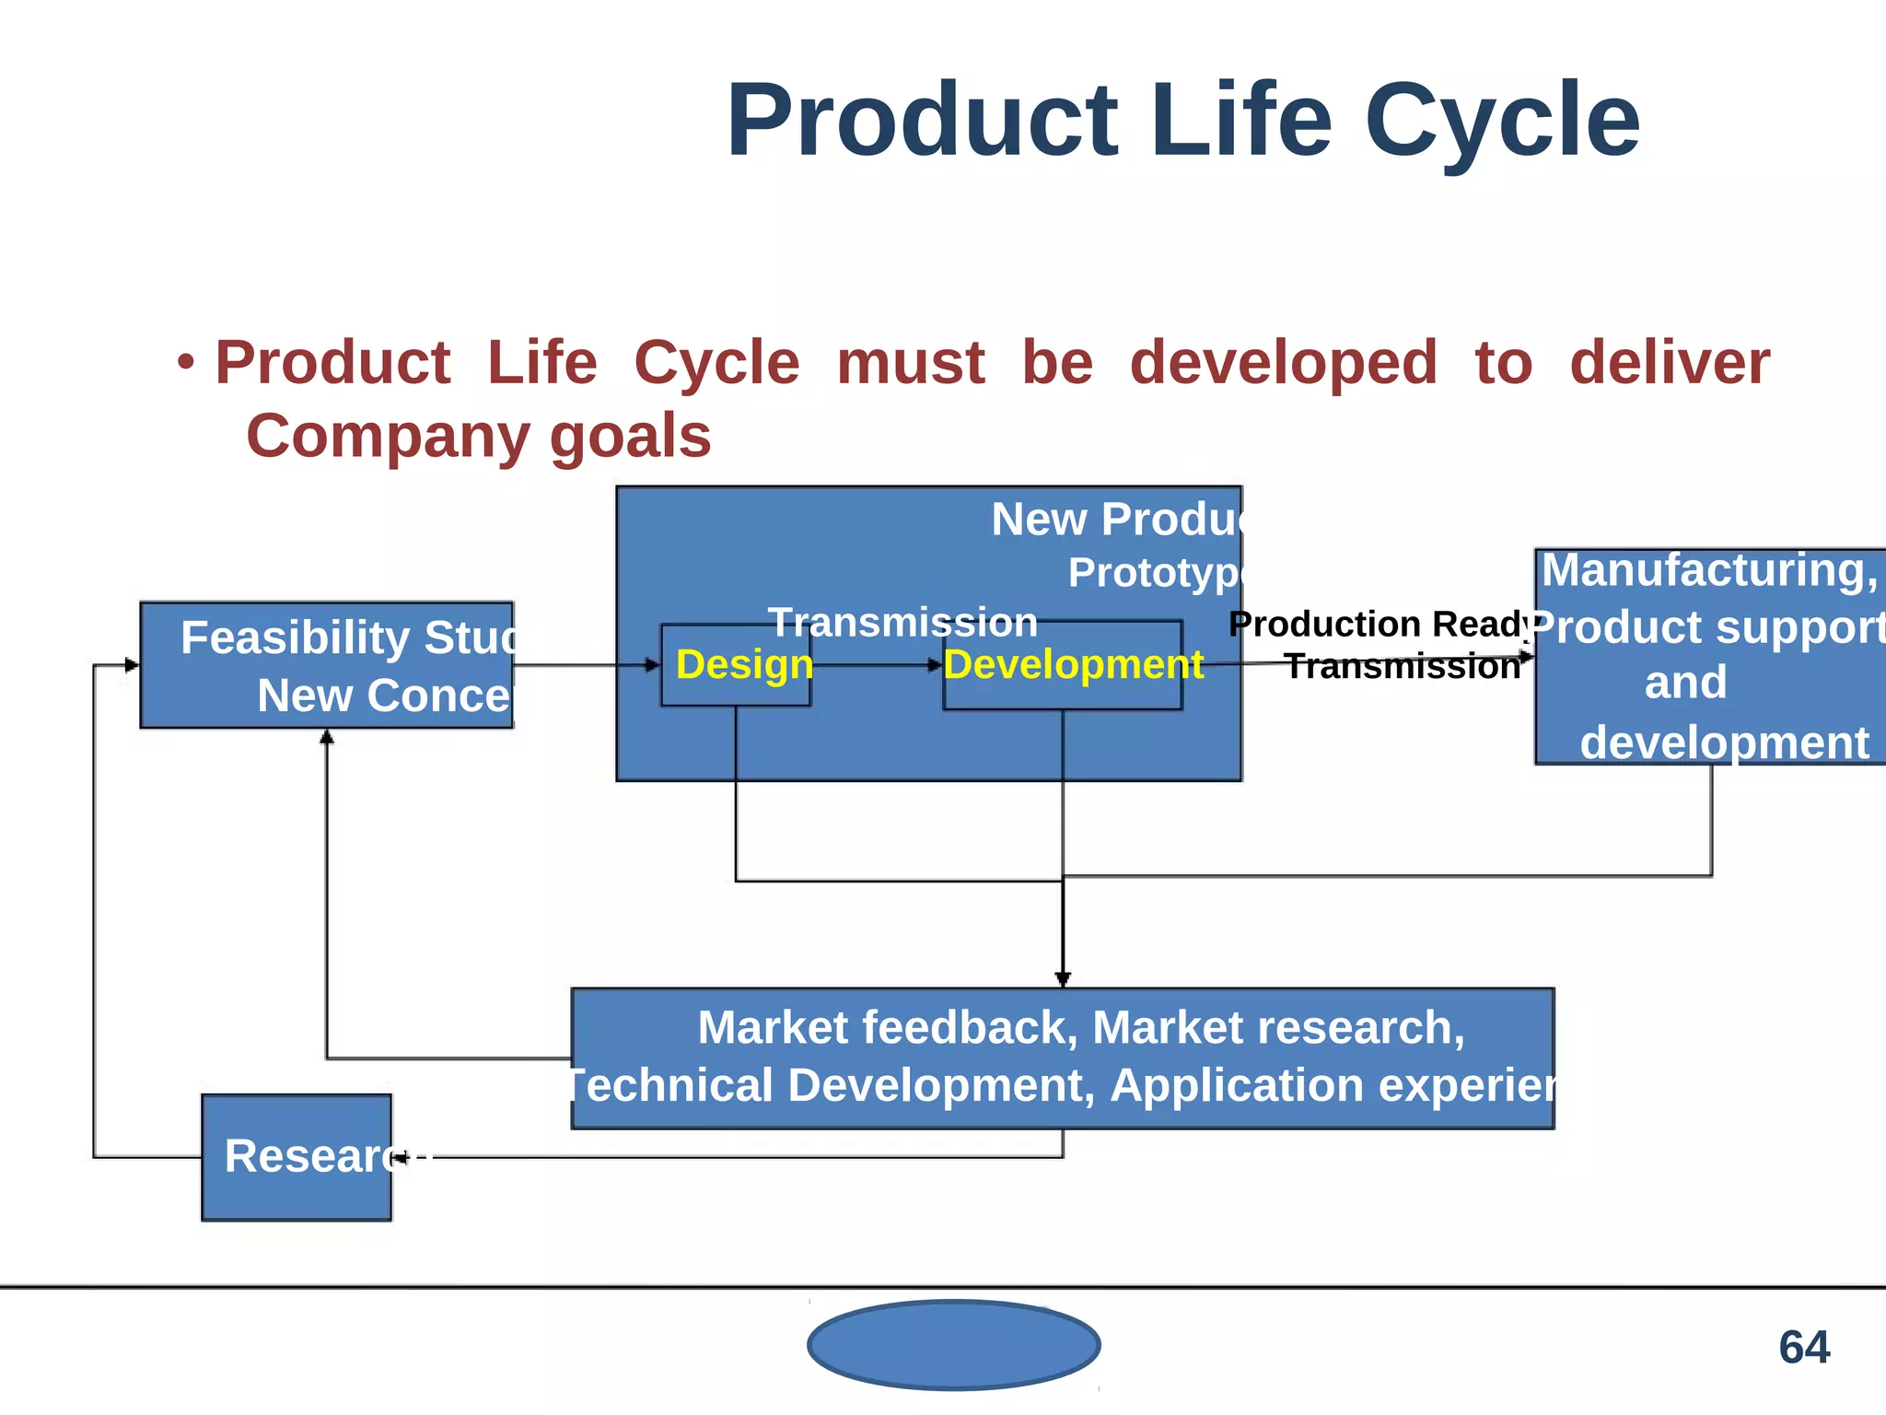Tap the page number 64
pos(1803,1347)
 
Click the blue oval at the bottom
pos(953,1344)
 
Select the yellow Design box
pos(737,665)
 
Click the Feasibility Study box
pos(327,665)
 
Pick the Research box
pos(297,1157)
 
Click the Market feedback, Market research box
pos(1062,1058)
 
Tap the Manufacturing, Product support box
pos(1709,656)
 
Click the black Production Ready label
pos(1378,625)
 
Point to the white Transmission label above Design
pos(902,623)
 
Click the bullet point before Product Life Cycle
pos(187,362)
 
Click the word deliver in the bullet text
pos(1669,362)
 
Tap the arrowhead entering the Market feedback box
pos(1063,978)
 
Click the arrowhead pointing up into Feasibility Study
pos(326,737)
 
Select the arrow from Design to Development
pos(875,664)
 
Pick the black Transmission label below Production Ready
pos(1402,666)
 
